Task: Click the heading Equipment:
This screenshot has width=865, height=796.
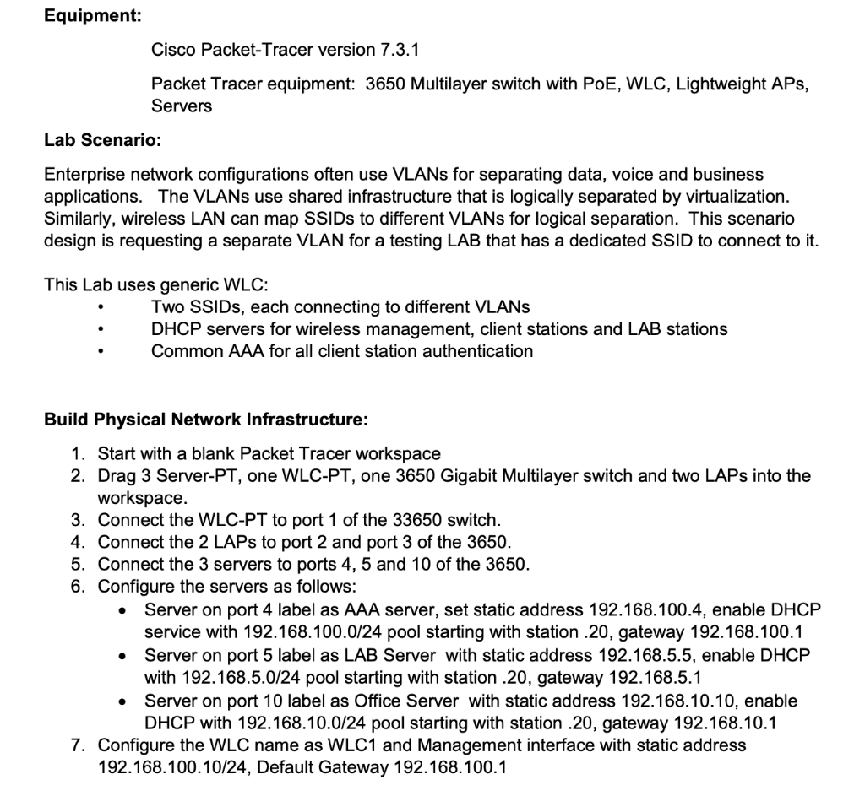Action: pyautogui.click(x=93, y=16)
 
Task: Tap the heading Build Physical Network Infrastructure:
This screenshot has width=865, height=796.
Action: pyautogui.click(x=206, y=420)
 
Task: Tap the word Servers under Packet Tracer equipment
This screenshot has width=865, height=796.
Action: pyautogui.click(x=182, y=106)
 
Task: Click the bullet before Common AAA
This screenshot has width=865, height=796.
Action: pyautogui.click(x=101, y=351)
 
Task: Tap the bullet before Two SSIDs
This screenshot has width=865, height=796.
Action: pyautogui.click(x=101, y=307)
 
